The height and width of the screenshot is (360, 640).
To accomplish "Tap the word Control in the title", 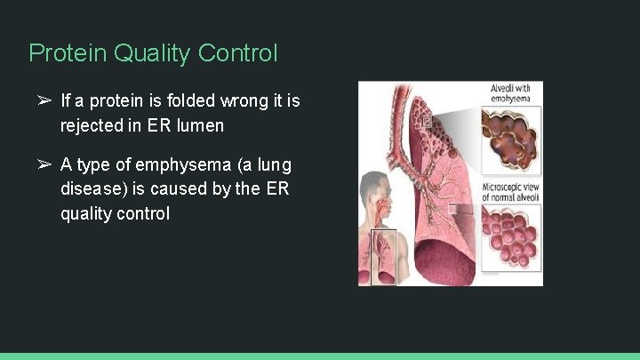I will tap(238, 53).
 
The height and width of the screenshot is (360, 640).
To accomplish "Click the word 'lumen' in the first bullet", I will tap(200, 126).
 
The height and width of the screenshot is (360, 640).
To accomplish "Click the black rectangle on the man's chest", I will tap(383, 257).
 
